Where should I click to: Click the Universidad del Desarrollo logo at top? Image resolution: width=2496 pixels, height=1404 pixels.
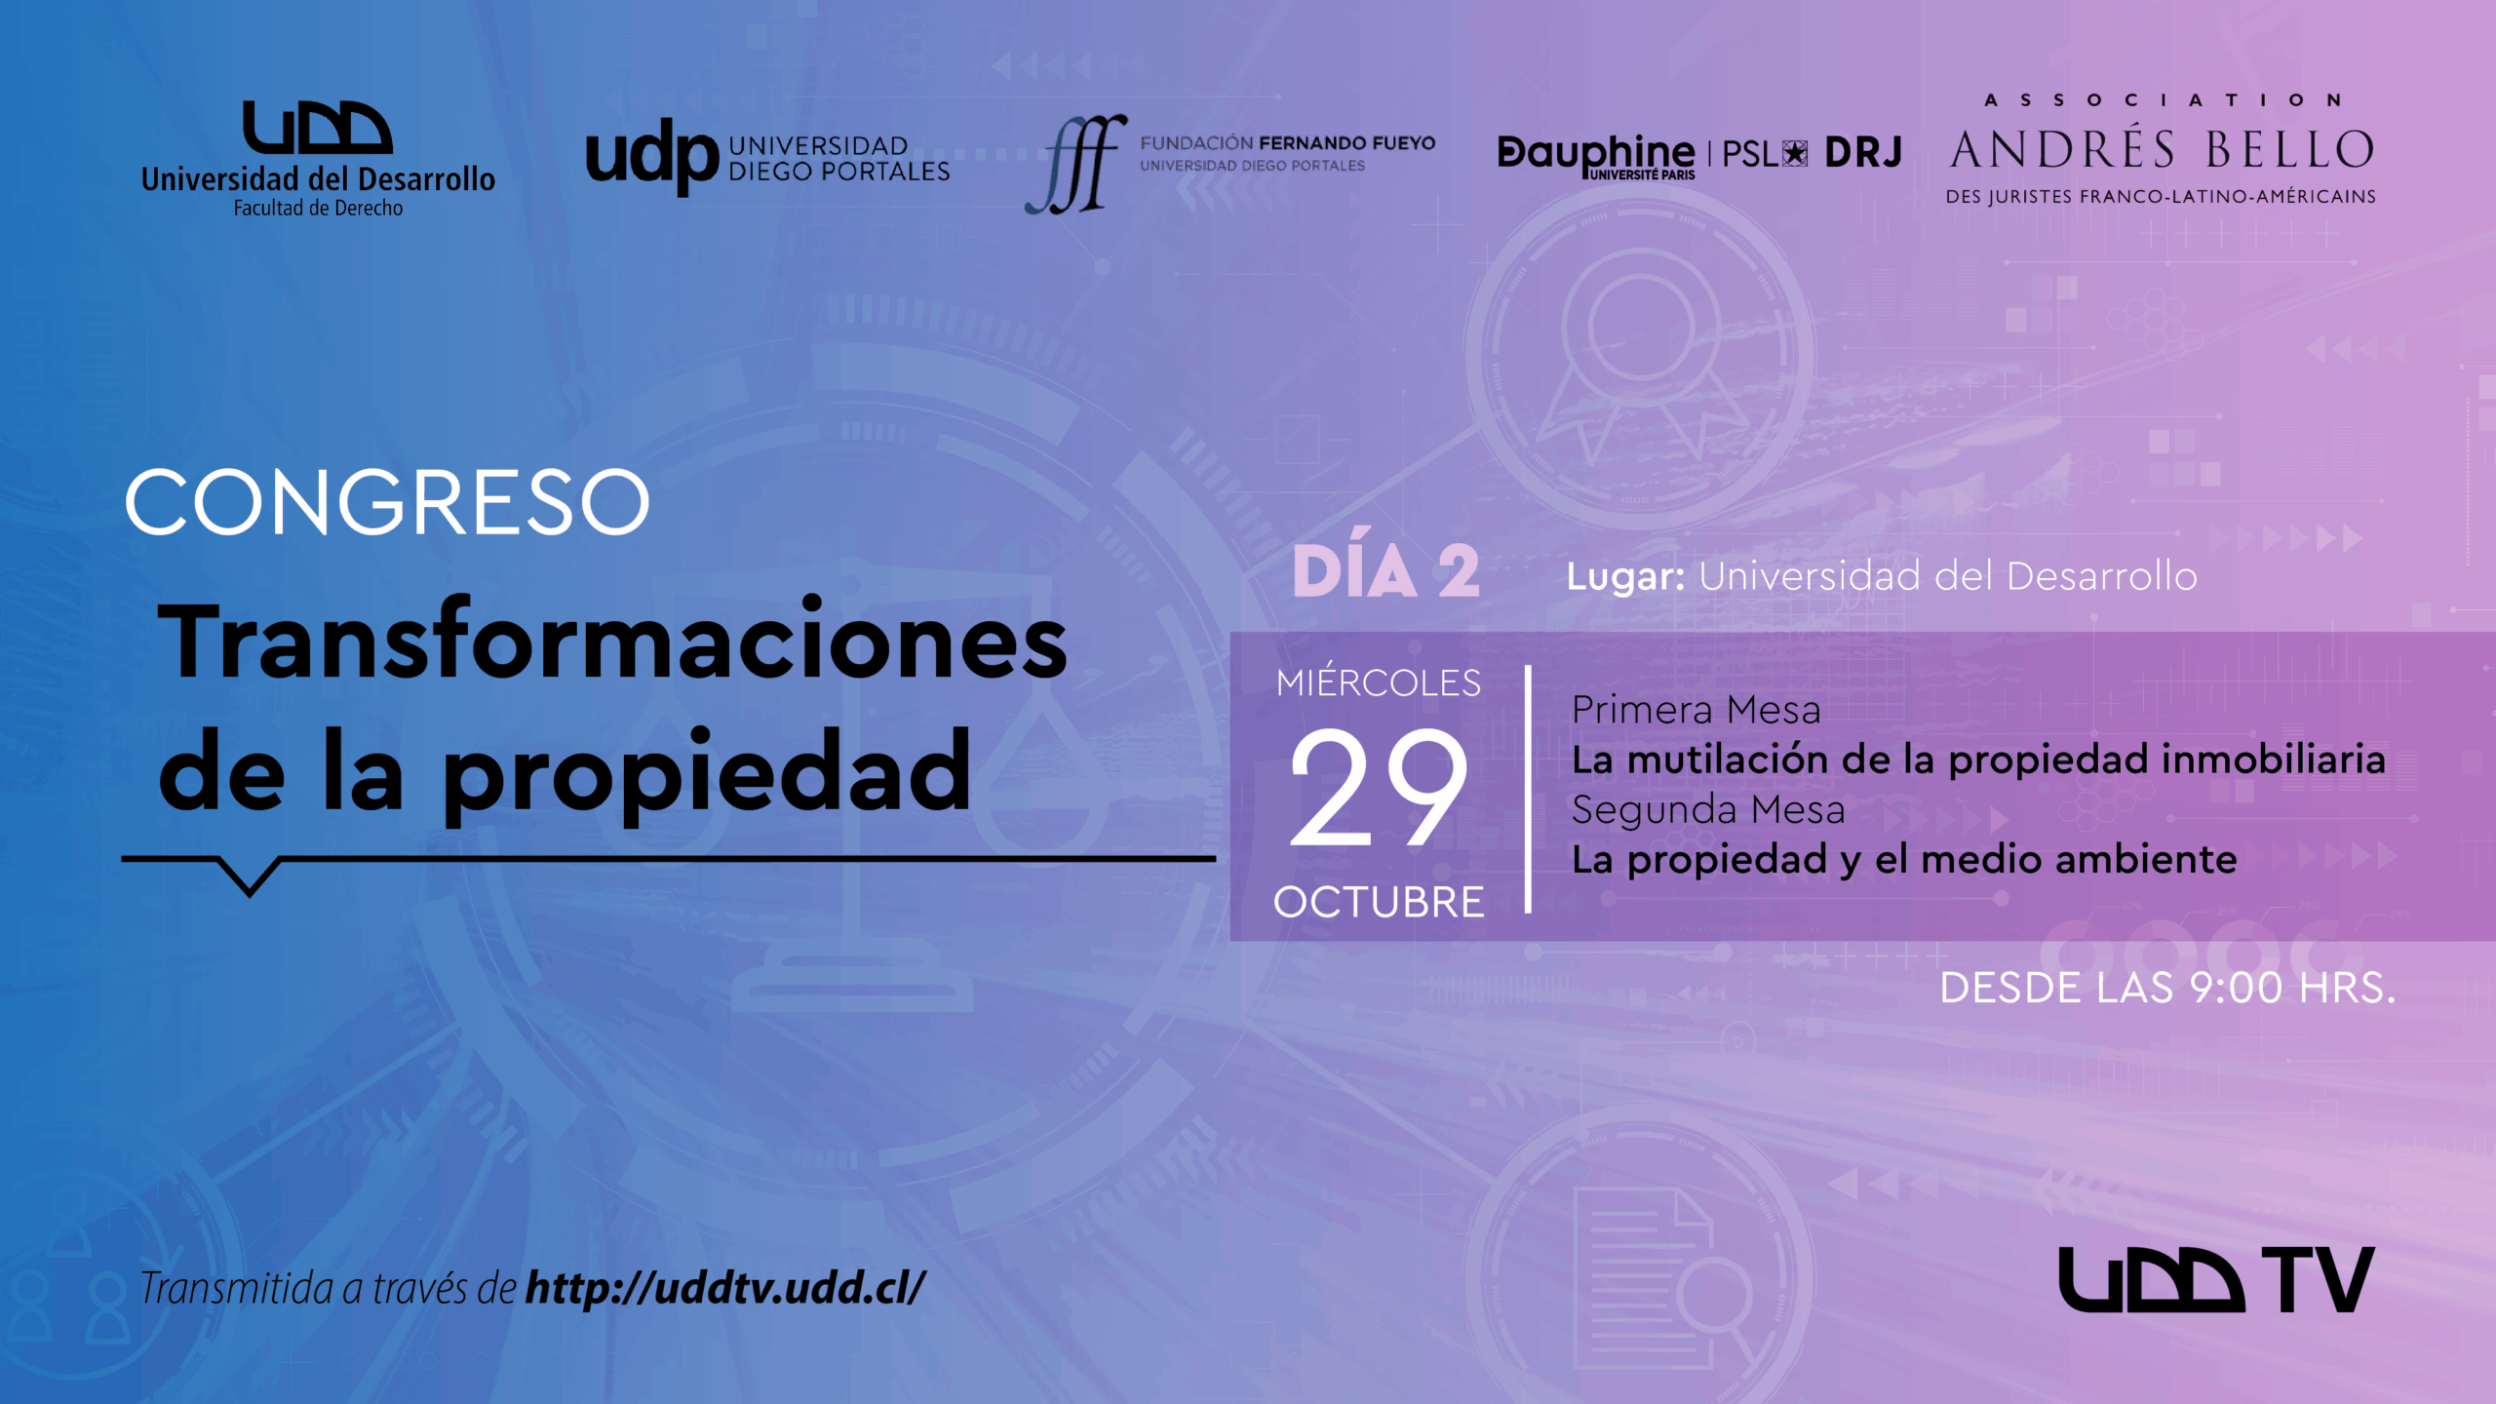tap(318, 159)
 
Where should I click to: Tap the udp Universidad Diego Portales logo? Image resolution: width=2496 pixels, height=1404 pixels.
tap(767, 158)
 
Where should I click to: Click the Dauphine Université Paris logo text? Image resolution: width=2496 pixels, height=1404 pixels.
tap(1596, 156)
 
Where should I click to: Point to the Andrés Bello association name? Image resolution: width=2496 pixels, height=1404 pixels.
tap(2162, 150)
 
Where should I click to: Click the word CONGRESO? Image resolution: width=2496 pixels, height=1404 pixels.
tap(387, 502)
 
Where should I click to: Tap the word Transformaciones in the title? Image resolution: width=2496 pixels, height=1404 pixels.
tap(613, 642)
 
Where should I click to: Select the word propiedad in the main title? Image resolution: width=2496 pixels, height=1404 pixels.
tap(707, 775)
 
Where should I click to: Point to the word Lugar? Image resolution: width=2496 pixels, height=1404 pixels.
tap(1625, 577)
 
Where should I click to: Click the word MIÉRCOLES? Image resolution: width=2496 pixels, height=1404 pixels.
tap(1379, 682)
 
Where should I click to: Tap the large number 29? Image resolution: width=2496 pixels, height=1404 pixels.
tap(1379, 789)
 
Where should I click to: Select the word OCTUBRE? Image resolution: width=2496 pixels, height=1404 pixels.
tap(1379, 902)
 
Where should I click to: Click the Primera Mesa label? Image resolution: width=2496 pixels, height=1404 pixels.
tap(1696, 710)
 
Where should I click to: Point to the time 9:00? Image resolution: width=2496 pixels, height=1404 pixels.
tap(2236, 988)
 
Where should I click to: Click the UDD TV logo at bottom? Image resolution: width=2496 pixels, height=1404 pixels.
tap(2216, 1279)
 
